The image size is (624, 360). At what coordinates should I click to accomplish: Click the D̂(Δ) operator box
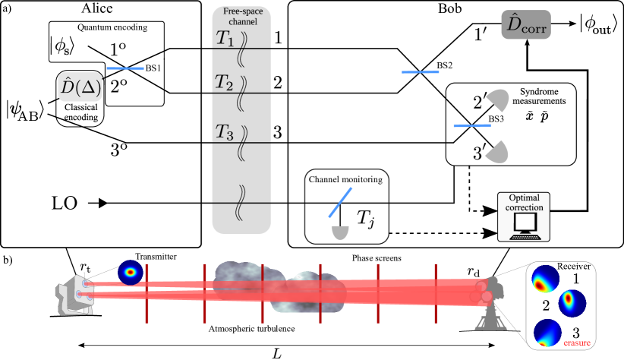point(80,87)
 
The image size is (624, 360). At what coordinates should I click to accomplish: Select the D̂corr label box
point(525,25)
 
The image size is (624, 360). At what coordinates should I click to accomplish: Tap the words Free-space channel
point(241,17)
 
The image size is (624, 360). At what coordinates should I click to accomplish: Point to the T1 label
point(225,39)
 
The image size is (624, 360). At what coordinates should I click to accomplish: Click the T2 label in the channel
point(224,83)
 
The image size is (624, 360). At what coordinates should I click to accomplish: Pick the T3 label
point(224,131)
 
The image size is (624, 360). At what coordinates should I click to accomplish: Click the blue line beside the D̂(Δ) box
point(124,68)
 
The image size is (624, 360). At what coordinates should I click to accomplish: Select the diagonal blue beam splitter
point(340,202)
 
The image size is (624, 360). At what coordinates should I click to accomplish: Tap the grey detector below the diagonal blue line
point(340,232)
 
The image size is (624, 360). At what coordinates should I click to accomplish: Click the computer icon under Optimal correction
point(524,226)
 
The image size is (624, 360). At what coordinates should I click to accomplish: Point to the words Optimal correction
point(524,202)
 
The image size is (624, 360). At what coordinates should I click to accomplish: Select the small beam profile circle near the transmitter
point(131,272)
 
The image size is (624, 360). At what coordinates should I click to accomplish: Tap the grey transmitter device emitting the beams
point(77,293)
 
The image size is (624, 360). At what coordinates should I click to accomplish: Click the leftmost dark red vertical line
point(147,292)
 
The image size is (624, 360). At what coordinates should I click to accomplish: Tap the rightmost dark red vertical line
point(435,292)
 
